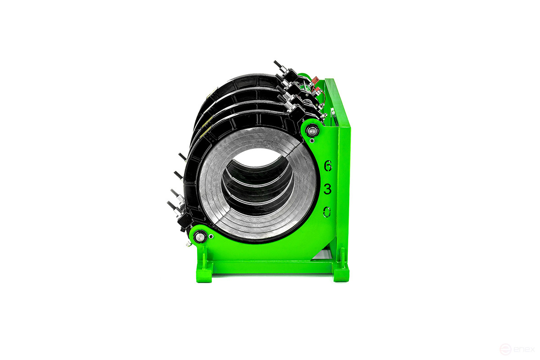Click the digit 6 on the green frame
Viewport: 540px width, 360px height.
(x=328, y=166)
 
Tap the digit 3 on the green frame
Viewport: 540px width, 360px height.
(x=328, y=189)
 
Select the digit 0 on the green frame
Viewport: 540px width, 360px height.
(x=327, y=211)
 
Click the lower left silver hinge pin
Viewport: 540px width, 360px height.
(x=199, y=236)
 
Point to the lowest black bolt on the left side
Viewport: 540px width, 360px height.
(x=173, y=207)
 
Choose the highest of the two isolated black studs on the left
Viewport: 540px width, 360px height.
(x=182, y=157)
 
